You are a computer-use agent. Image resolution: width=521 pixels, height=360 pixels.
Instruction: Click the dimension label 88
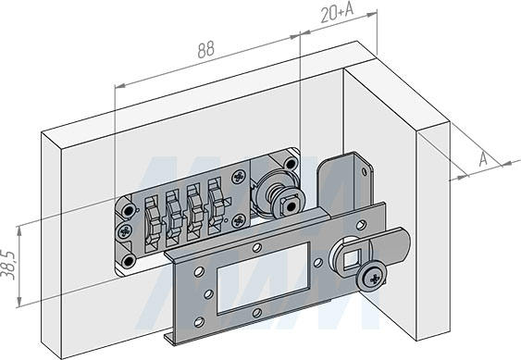coord(206,50)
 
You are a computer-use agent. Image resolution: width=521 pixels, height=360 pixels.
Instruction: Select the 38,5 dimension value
coord(8,266)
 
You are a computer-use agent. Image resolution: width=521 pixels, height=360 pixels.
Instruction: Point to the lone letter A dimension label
coord(483,159)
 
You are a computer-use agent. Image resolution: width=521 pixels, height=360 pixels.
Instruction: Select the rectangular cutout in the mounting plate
coord(264,279)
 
